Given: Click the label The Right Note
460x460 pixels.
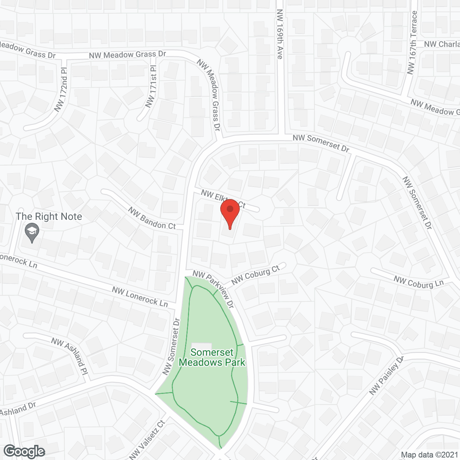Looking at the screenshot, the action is pos(49,217).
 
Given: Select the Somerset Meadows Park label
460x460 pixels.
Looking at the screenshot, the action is pos(212,357).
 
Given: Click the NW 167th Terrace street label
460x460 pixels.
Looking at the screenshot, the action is pos(412,43).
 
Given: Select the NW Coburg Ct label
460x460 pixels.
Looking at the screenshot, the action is pos(256,275).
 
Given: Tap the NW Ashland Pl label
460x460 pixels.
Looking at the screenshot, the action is pos(70,356).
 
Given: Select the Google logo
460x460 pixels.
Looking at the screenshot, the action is pos(24,451).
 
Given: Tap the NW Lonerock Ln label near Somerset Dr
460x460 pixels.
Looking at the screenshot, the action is pos(140,296).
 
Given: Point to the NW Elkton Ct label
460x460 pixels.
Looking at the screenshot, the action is pos(223,199).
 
